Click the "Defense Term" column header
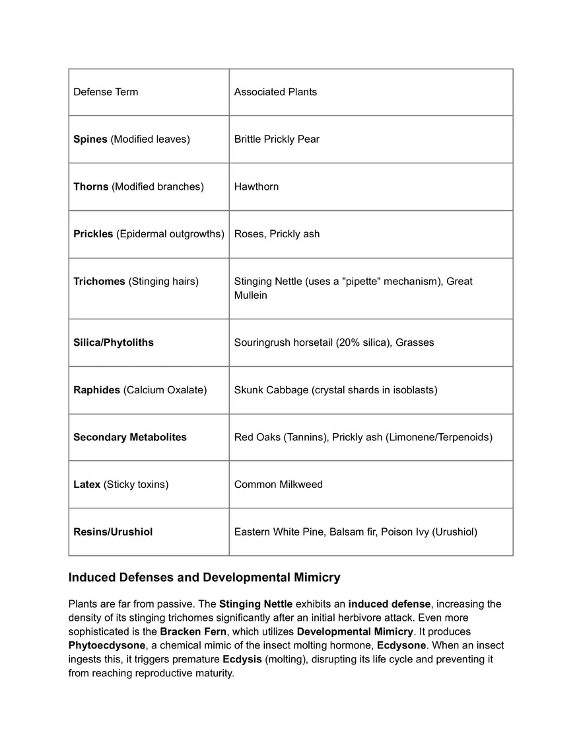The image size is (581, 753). (x=106, y=92)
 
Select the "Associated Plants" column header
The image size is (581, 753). (x=275, y=92)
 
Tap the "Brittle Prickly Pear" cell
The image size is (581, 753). (x=277, y=139)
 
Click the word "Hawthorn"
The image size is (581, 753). (x=256, y=186)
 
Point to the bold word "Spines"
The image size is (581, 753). (x=90, y=139)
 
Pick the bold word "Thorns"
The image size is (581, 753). (x=91, y=186)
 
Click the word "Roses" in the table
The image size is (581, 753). (x=249, y=234)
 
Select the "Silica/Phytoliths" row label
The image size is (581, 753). (x=114, y=342)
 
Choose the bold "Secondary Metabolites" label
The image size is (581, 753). (x=130, y=437)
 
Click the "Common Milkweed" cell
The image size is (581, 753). (x=279, y=485)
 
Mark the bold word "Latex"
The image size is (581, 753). (x=87, y=485)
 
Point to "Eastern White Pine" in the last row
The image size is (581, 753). (x=279, y=532)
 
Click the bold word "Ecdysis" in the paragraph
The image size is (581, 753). (x=242, y=659)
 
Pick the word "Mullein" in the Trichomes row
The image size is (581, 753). (x=251, y=296)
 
